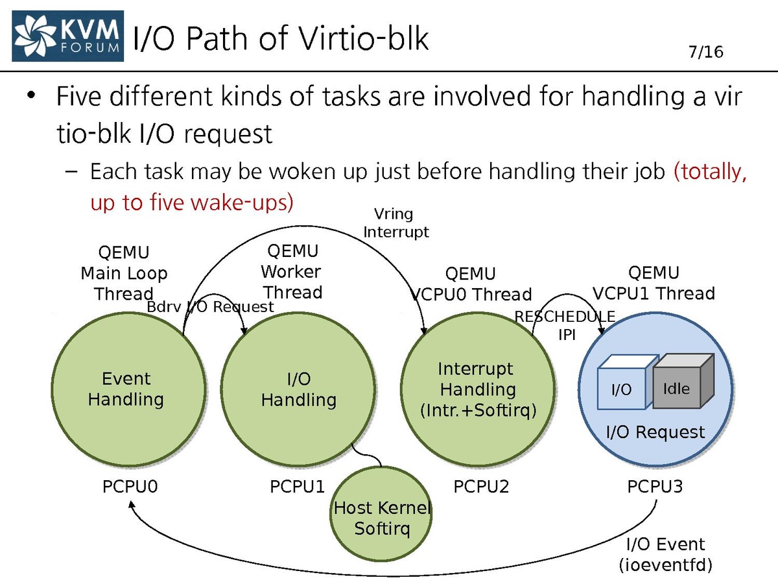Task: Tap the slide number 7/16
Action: coord(705,52)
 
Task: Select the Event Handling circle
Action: coord(126,389)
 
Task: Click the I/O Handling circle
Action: coord(298,389)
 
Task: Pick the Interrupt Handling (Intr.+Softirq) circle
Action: coord(478,389)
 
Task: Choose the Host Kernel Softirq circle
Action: coord(382,518)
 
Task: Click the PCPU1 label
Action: coord(297,487)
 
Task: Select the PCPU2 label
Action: coord(481,487)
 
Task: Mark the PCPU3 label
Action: coord(655,487)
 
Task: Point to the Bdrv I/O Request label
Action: coord(211,307)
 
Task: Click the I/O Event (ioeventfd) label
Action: coord(665,554)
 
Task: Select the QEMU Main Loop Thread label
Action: coord(123,273)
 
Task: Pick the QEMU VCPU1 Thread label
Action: coord(654,283)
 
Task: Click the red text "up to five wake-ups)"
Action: coord(192,202)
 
